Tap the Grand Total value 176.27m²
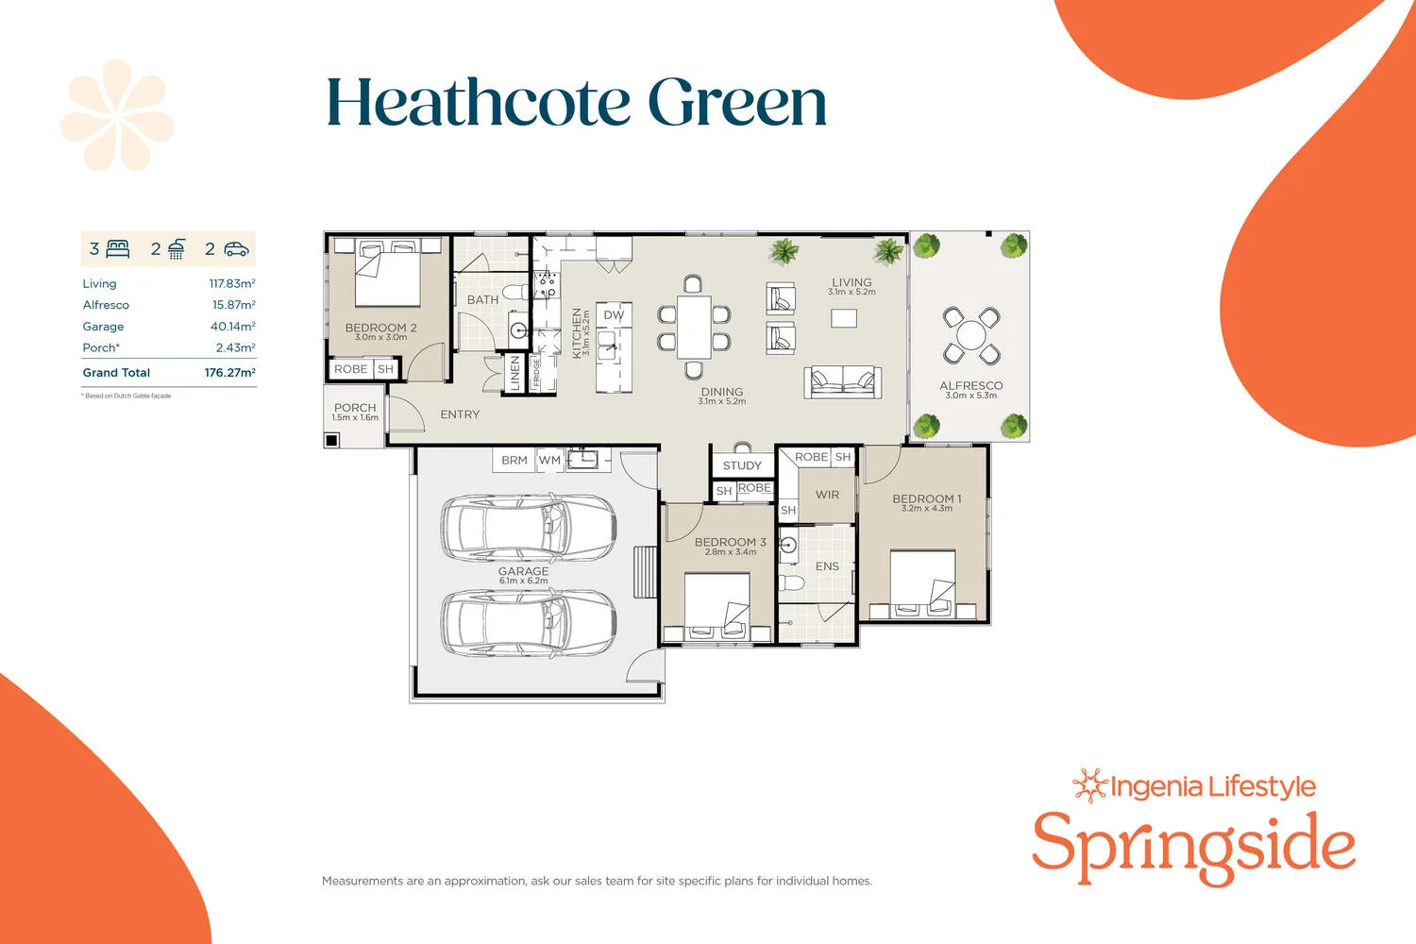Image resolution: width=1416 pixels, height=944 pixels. (x=229, y=373)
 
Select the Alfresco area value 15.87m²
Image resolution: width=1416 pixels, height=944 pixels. (x=233, y=305)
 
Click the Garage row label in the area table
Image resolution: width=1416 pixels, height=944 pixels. (x=103, y=327)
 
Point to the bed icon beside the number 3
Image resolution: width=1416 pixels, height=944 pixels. (x=118, y=249)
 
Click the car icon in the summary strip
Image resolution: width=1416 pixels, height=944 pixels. (x=236, y=249)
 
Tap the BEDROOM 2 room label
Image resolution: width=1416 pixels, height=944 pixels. (x=380, y=328)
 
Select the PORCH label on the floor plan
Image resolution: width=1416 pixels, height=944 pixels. (x=355, y=408)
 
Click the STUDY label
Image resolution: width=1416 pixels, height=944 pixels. (x=742, y=465)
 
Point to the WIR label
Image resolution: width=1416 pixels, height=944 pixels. (x=827, y=495)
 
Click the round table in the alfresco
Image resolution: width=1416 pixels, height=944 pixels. (x=970, y=335)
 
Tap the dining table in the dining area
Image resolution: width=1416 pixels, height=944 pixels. (x=694, y=327)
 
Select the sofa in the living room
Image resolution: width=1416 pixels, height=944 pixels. (x=842, y=380)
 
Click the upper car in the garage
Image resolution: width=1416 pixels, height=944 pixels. (x=528, y=527)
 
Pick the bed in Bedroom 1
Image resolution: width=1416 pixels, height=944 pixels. (x=922, y=583)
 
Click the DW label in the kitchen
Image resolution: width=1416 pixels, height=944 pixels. (x=614, y=315)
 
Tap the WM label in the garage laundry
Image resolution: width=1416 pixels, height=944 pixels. (x=549, y=461)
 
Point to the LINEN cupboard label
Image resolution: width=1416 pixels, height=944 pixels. (x=514, y=373)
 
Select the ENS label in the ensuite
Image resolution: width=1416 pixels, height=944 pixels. (x=827, y=566)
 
